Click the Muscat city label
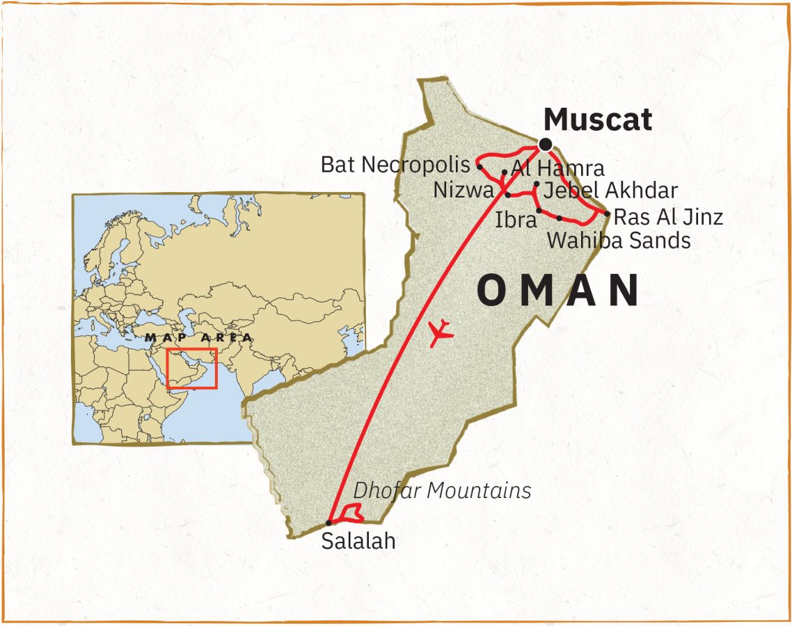[x=598, y=120]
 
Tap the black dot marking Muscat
[x=545, y=145]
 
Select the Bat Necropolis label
[x=395, y=165]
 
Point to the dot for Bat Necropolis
[x=480, y=166]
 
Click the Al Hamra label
[x=557, y=168]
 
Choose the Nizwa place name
[x=463, y=189]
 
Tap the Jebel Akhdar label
[x=610, y=190]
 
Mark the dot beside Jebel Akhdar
[x=537, y=184]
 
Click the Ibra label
[x=516, y=220]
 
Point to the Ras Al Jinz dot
[x=608, y=214]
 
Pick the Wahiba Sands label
[x=619, y=241]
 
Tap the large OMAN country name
[x=558, y=291]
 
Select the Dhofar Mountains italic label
[x=442, y=490]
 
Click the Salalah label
[x=358, y=541]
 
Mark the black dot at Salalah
[x=329, y=522]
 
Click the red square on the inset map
[x=191, y=368]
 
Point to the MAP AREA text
[x=198, y=337]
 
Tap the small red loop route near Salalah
[x=349, y=515]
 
